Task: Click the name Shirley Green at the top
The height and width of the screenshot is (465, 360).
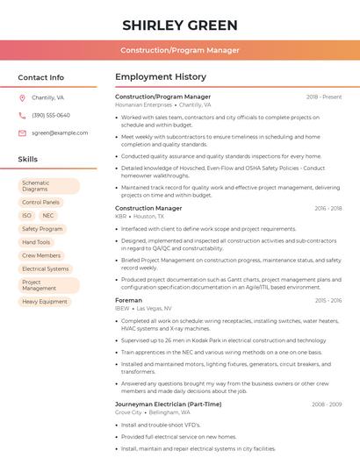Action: (179, 24)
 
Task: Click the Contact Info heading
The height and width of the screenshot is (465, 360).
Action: (40, 77)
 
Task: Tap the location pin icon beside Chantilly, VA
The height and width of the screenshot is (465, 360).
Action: (22, 98)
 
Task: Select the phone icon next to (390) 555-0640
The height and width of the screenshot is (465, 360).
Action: (22, 115)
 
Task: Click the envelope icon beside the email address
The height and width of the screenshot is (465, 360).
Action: (22, 132)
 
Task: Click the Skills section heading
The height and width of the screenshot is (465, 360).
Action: (28, 160)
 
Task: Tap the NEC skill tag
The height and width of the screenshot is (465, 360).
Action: (48, 216)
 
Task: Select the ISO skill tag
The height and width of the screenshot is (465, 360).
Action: (26, 216)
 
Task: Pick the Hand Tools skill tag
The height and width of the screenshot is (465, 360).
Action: (37, 242)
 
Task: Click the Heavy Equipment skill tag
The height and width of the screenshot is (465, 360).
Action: (45, 302)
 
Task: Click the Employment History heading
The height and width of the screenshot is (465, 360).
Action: (161, 77)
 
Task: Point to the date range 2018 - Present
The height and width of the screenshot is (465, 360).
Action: (324, 97)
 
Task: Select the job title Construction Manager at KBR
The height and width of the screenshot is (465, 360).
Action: (148, 208)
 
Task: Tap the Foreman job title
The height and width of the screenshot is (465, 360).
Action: (128, 301)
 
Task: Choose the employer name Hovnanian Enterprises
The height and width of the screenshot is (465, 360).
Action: (144, 104)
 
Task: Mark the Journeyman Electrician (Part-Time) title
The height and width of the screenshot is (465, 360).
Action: (168, 404)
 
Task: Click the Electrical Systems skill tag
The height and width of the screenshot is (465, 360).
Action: (46, 268)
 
